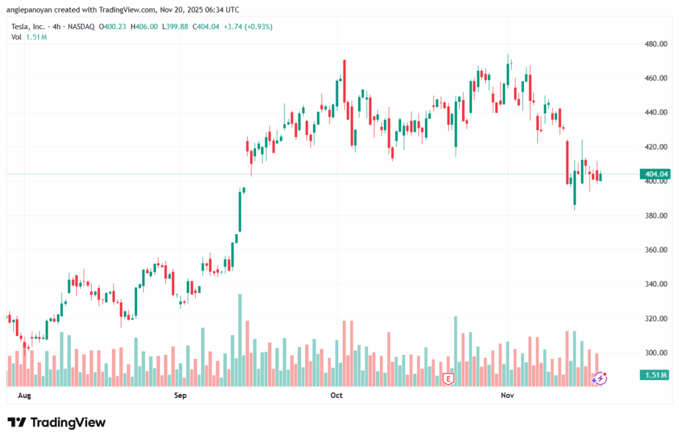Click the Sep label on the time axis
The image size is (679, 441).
180,395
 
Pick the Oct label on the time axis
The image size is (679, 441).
336,395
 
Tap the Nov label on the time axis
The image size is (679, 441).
507,395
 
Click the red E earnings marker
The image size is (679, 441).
448,379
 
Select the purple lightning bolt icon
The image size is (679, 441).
599,378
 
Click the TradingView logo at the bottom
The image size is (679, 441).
56,422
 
